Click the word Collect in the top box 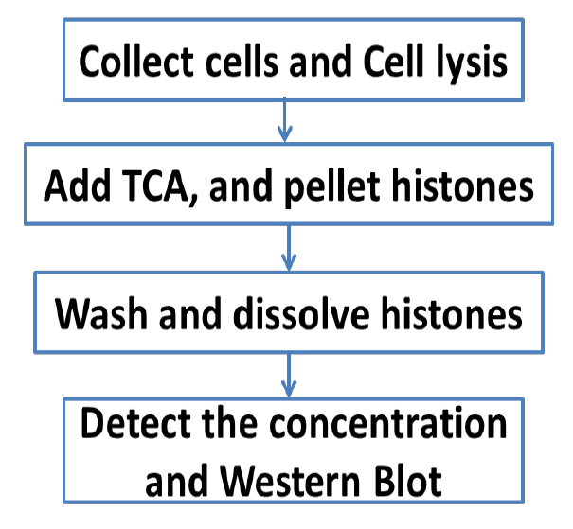tap(136, 61)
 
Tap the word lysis tap(472, 64)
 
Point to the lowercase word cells tap(242, 61)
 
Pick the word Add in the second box tap(77, 185)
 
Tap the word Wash tap(101, 314)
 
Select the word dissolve tap(301, 314)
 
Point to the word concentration tap(387, 424)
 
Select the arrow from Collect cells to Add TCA tap(285, 119)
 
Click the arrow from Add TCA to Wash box tap(289, 248)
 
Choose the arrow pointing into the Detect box tap(289, 376)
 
